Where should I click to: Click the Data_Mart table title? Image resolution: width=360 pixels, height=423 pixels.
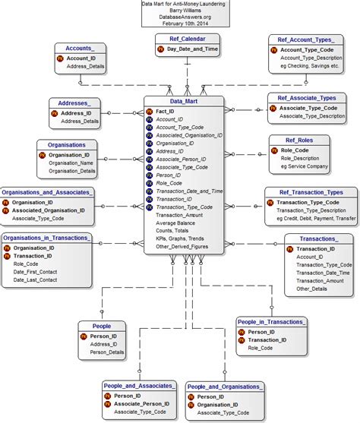point(184,100)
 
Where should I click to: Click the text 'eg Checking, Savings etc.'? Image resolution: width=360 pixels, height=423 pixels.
point(309,66)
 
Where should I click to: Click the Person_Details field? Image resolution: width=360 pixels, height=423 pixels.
point(107,352)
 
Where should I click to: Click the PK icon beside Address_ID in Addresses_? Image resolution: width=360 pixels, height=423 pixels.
point(54,112)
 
